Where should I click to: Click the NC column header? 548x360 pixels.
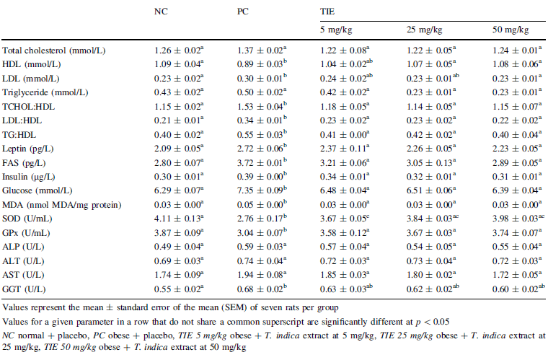(162, 12)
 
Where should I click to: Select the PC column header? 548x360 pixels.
(244, 12)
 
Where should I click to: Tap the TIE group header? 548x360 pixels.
(327, 12)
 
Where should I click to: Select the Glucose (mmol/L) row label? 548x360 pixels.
(37, 190)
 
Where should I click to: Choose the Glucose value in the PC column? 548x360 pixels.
(261, 190)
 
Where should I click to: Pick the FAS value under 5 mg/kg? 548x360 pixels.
(344, 163)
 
